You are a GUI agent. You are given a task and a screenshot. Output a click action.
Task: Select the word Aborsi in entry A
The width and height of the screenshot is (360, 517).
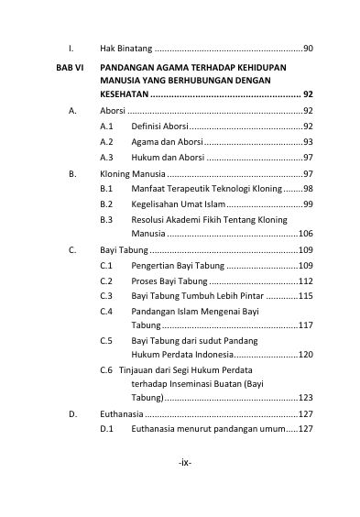pos(114,109)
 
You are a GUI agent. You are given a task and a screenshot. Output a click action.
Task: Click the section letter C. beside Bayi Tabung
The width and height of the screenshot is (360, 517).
pos(72,248)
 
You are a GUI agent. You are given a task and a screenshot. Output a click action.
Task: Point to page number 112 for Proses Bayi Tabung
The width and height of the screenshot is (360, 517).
pos(306,280)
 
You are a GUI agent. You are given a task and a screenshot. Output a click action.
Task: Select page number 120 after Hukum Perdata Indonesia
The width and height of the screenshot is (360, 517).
pos(306,354)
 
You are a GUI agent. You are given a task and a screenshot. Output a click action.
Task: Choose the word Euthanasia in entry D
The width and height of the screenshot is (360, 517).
pos(124,413)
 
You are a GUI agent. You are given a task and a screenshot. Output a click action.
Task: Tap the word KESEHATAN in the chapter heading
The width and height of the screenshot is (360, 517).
pos(124,93)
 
